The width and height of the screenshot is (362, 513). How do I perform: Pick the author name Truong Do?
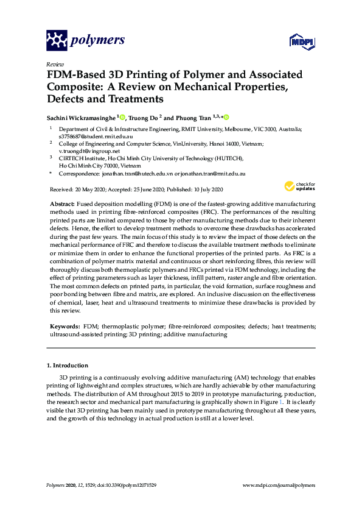pos(145,118)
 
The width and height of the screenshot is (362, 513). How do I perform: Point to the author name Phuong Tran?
pos(195,118)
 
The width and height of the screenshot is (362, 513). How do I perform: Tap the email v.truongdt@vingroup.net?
pos(89,150)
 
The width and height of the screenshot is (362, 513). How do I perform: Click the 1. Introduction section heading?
pos(68,366)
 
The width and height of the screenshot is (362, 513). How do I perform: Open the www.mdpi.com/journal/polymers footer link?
pos(279,485)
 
